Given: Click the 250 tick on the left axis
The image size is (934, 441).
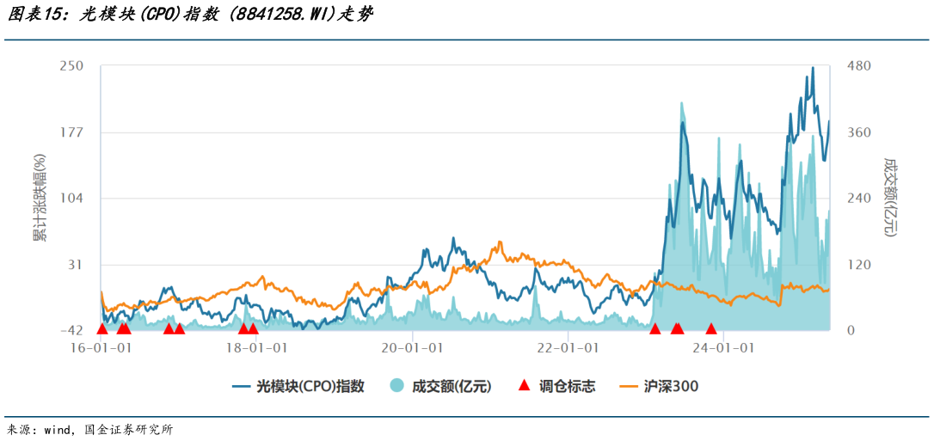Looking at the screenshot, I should (71, 66).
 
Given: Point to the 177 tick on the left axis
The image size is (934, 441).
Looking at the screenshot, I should (71, 132).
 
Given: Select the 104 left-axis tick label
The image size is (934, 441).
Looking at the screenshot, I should (71, 199).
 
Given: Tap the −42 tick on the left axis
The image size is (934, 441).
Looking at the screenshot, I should (71, 330).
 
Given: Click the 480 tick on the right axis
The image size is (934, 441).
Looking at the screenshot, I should (861, 66).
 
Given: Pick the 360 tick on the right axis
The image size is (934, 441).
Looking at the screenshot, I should (861, 132).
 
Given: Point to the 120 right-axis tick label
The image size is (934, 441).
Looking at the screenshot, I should (861, 265).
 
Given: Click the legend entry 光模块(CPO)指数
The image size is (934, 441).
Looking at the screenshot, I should (310, 387).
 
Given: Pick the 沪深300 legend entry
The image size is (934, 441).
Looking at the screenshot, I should (671, 387).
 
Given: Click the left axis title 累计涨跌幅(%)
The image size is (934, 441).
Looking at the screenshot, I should (40, 198).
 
